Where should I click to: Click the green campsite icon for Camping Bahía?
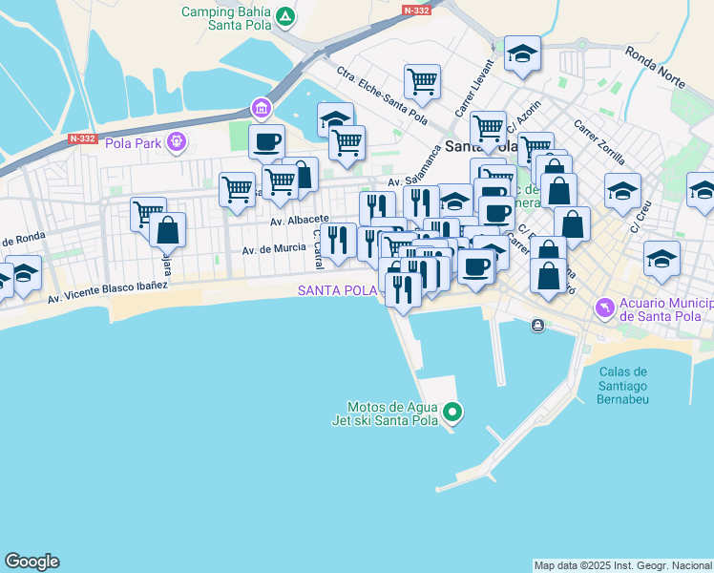point(284,16)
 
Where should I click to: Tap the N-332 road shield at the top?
point(416,10)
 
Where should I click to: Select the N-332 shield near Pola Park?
point(83,138)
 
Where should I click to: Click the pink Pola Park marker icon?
point(176,143)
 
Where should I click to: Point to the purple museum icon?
point(260,107)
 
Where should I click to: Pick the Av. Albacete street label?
point(300,220)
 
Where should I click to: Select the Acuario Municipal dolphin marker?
point(603,308)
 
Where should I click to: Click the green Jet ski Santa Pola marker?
point(453,413)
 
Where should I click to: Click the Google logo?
point(31,562)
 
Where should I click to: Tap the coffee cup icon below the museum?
point(266,141)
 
